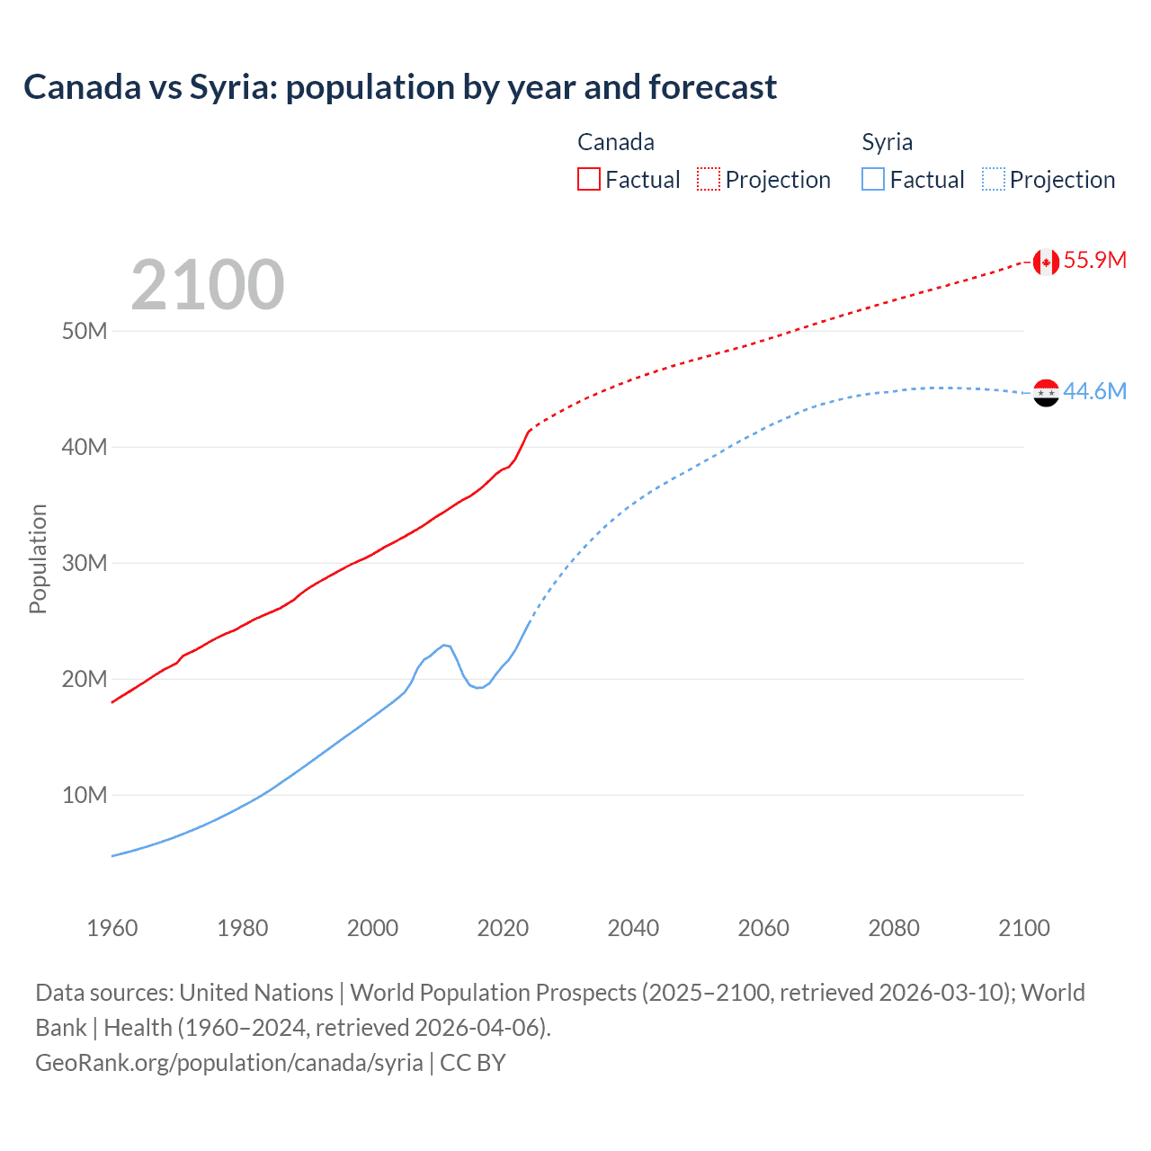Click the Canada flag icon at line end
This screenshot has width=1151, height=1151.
(x=1045, y=262)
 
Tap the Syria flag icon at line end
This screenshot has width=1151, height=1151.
(x=1046, y=392)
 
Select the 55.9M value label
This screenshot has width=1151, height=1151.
(x=1094, y=261)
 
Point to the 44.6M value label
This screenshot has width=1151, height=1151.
(x=1094, y=392)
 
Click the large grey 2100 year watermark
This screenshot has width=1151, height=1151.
(x=208, y=285)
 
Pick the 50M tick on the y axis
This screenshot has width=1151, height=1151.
(x=85, y=331)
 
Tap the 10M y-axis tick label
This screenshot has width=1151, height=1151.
(x=85, y=795)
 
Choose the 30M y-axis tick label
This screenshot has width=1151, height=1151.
(x=85, y=563)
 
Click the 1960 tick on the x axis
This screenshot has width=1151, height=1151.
(x=112, y=928)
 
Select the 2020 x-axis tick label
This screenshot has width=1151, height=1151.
(x=503, y=928)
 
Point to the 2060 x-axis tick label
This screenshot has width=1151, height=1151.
(x=763, y=928)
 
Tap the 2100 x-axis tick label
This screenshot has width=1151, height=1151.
(x=1023, y=928)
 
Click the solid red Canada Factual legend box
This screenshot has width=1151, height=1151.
(x=588, y=180)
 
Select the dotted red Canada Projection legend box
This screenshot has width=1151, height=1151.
(x=709, y=180)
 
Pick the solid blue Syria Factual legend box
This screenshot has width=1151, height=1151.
(x=873, y=180)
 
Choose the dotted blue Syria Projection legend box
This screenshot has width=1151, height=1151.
(x=994, y=180)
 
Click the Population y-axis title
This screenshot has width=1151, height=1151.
(x=38, y=559)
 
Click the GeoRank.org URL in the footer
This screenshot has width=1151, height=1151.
(x=229, y=1063)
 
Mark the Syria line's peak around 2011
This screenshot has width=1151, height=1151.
(x=444, y=645)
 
